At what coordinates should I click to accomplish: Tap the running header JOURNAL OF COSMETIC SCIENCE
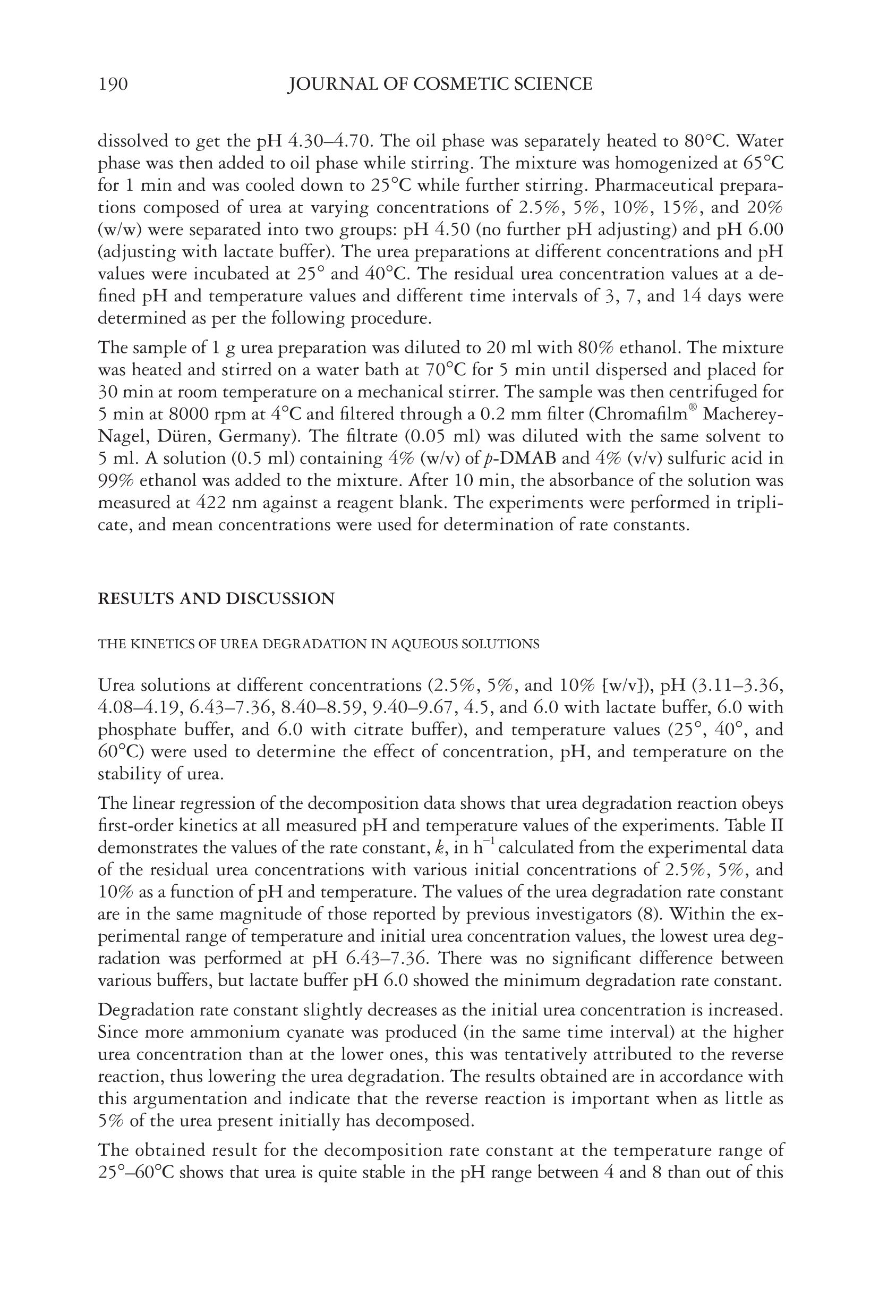pyautogui.click(x=440, y=84)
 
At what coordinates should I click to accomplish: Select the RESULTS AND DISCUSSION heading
pyautogui.click(x=216, y=599)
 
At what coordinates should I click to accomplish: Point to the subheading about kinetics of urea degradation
pyautogui.click(x=318, y=644)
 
